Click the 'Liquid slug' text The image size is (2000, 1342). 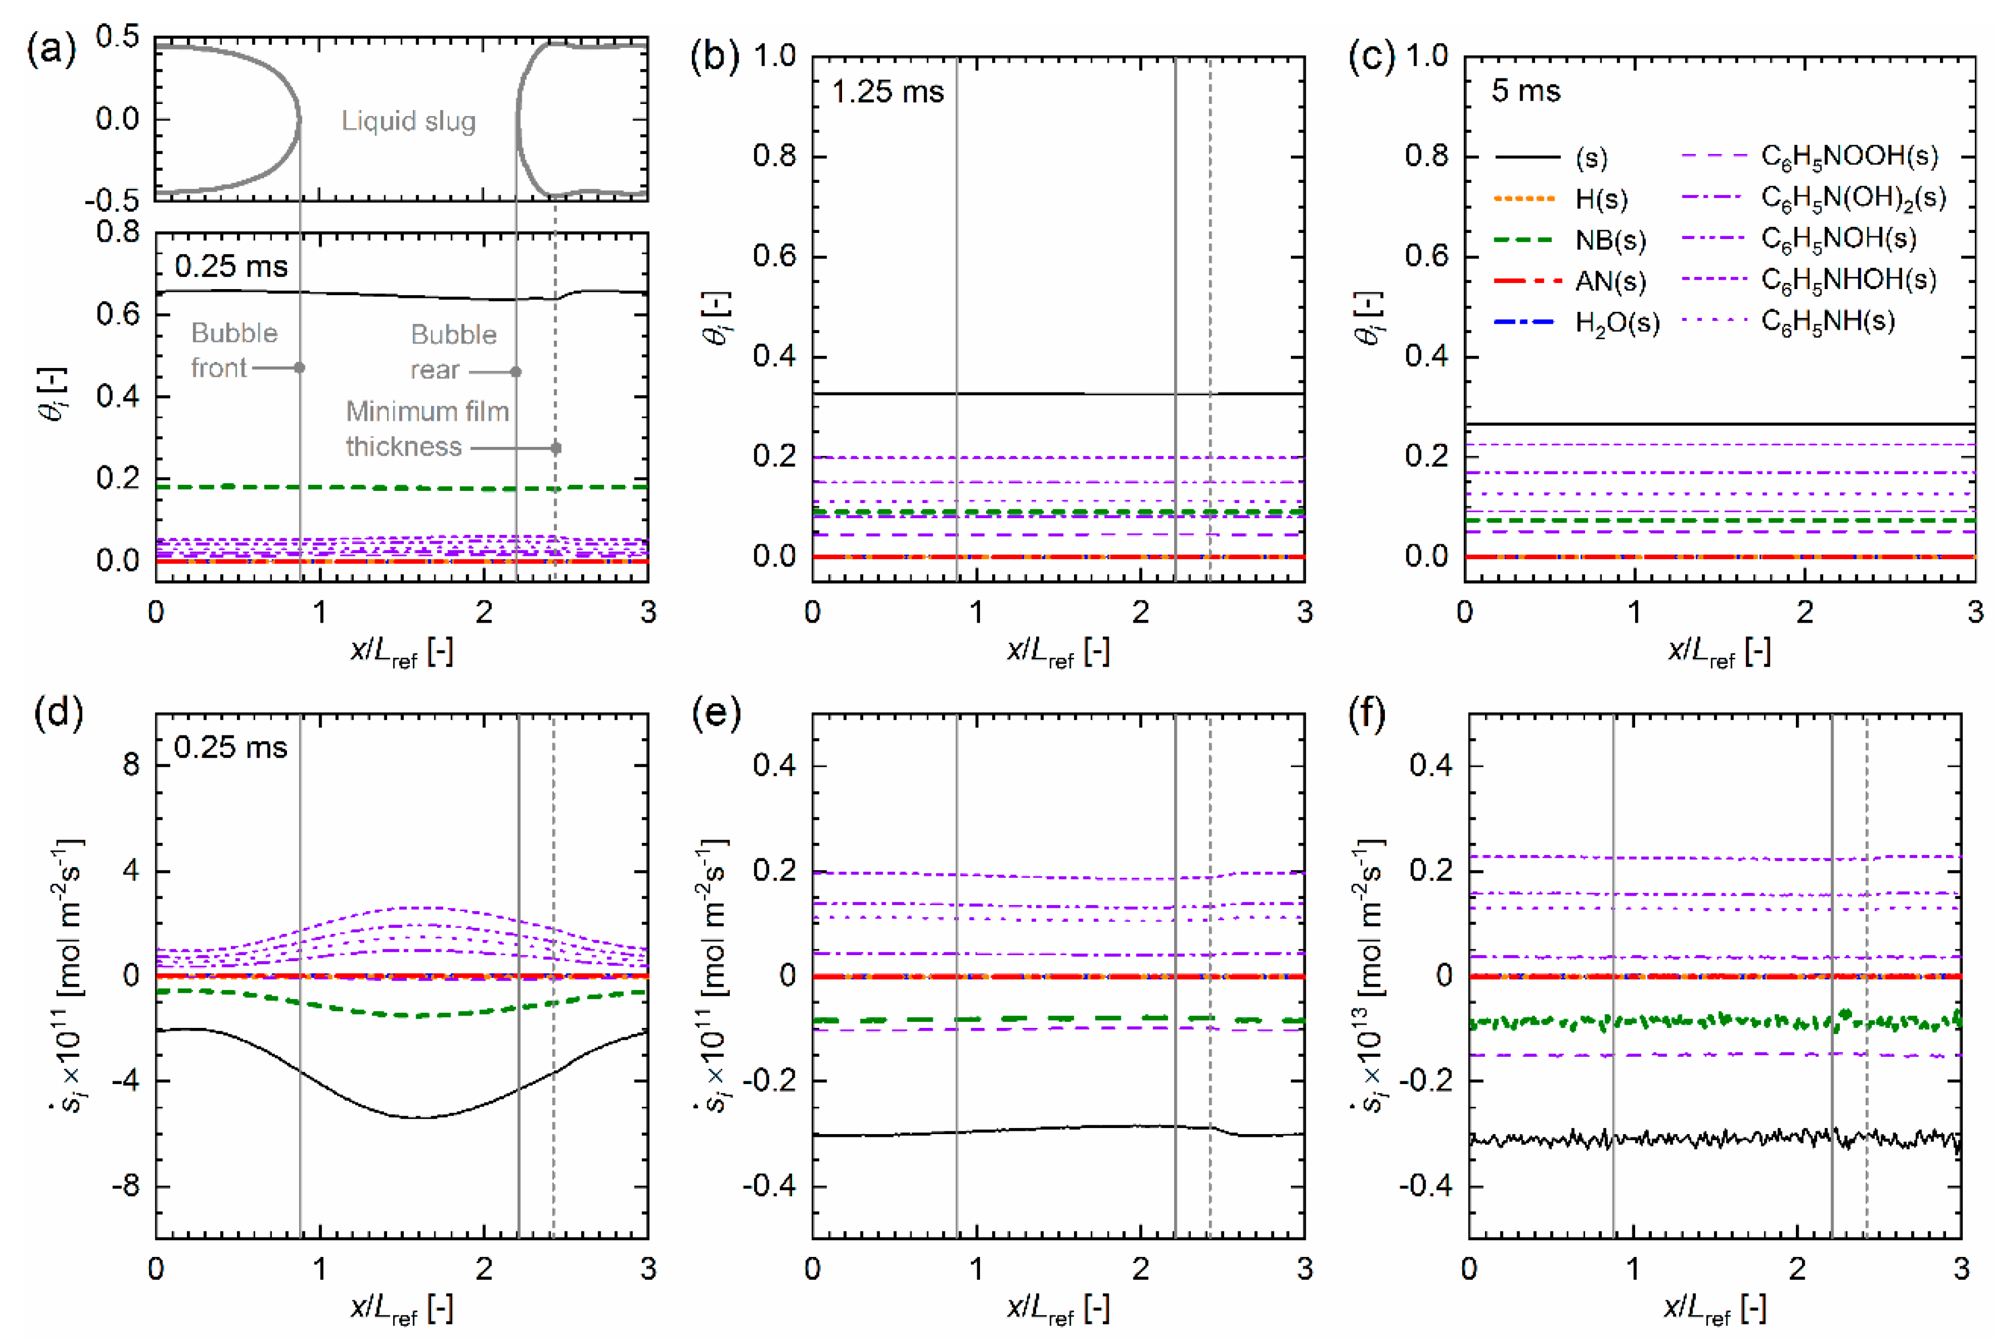[x=408, y=122]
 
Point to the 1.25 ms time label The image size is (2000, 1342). [x=888, y=92]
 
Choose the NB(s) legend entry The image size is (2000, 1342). [x=1610, y=241]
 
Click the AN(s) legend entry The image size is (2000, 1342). [x=1610, y=282]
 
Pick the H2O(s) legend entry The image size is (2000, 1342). [x=1616, y=324]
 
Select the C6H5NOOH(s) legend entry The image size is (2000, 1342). [x=1848, y=156]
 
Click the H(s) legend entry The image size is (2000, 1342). [x=1601, y=200]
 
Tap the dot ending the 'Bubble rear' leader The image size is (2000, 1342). [x=516, y=371]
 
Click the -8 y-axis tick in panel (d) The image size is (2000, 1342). [x=131, y=1187]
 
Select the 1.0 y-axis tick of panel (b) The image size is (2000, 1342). [x=776, y=57]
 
